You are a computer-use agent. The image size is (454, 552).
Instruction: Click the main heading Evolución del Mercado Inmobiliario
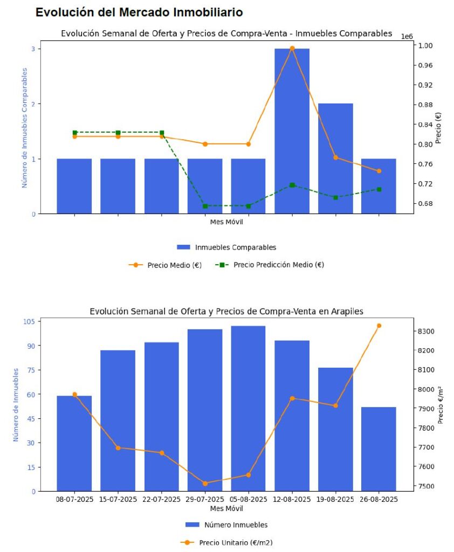point(139,12)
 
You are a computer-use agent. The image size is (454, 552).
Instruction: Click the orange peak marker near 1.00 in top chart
point(292,49)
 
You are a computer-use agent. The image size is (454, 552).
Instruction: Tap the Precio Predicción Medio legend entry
point(270,265)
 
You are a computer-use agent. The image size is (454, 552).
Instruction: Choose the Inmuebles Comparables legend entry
point(226,247)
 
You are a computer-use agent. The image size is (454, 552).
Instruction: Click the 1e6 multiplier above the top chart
point(407,36)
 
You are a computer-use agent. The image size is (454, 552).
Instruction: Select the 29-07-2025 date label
point(205,500)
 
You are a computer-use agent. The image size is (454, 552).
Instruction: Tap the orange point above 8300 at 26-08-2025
point(379,326)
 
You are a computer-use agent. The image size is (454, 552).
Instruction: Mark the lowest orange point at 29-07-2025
point(205,483)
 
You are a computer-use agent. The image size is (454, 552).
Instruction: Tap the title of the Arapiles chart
point(226,311)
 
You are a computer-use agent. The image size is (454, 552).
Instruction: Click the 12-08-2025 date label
point(292,500)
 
